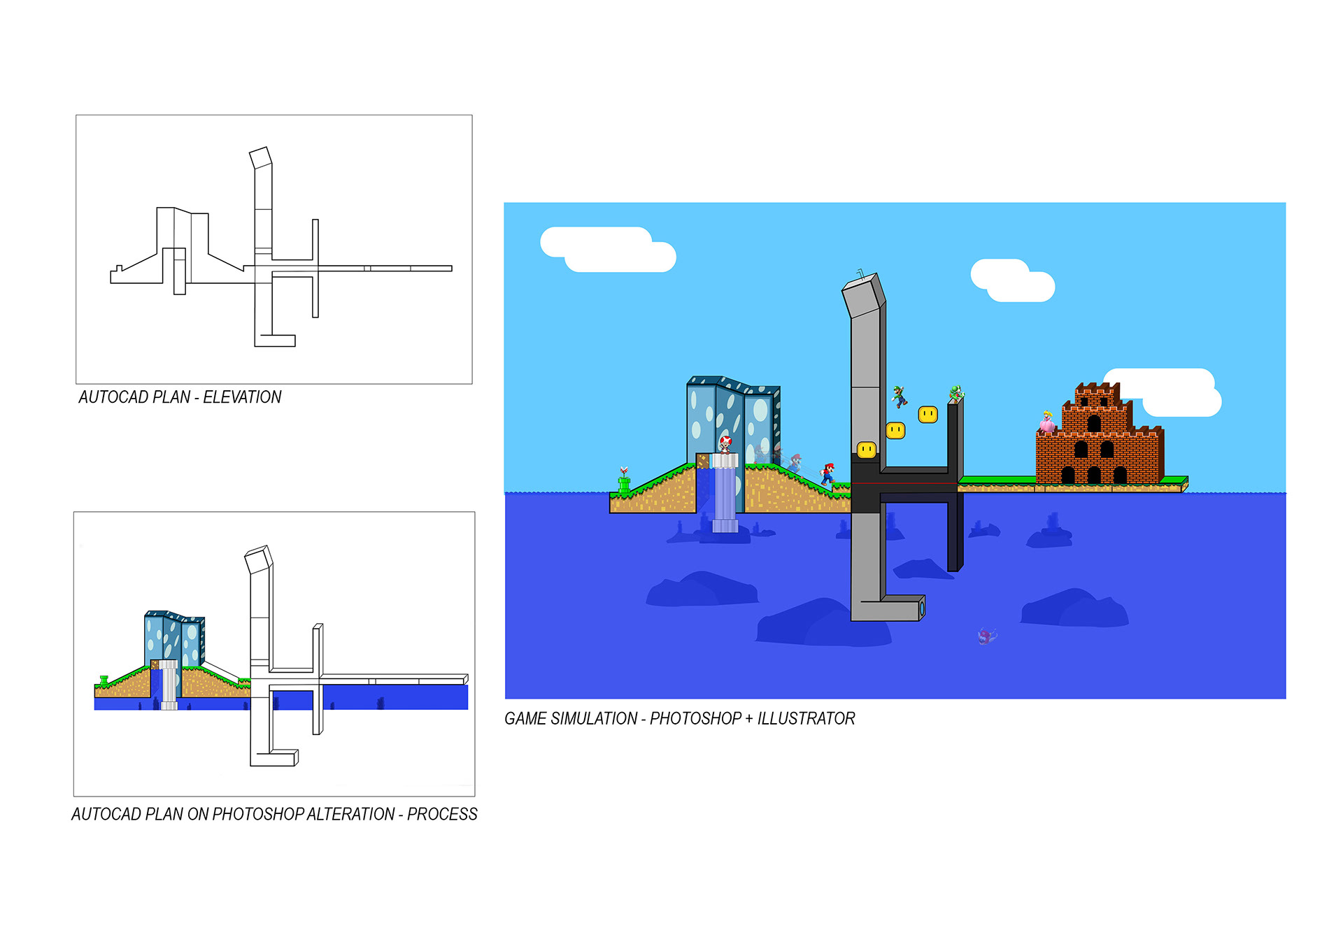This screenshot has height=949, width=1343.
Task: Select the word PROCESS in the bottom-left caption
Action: pyautogui.click(x=442, y=814)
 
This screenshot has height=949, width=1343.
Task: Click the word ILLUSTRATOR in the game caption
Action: pyautogui.click(x=806, y=718)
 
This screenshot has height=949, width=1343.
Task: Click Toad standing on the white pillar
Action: pyautogui.click(x=725, y=444)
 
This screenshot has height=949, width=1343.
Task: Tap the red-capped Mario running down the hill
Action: pyautogui.click(x=828, y=473)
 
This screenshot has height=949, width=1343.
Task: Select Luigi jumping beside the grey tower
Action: pyautogui.click(x=900, y=396)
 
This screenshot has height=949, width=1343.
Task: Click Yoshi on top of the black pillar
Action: pyautogui.click(x=955, y=393)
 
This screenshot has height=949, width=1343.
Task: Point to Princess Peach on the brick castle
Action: pyautogui.click(x=1047, y=422)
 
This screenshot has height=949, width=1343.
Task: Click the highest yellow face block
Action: pyautogui.click(x=928, y=415)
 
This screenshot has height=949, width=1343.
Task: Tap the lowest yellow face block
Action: pyautogui.click(x=867, y=450)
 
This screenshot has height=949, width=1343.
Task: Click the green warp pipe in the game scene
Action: pyautogui.click(x=624, y=482)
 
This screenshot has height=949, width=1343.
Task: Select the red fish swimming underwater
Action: pyautogui.click(x=986, y=636)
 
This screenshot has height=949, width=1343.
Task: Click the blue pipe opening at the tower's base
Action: pyautogui.click(x=922, y=607)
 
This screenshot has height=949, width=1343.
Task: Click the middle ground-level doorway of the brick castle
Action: pyautogui.click(x=1094, y=476)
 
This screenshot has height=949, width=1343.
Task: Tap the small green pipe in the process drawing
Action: pyautogui.click(x=104, y=680)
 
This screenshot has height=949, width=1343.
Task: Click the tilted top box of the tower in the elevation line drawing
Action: pyautogui.click(x=260, y=157)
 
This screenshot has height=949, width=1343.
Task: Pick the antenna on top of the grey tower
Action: pyautogui.click(x=861, y=273)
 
